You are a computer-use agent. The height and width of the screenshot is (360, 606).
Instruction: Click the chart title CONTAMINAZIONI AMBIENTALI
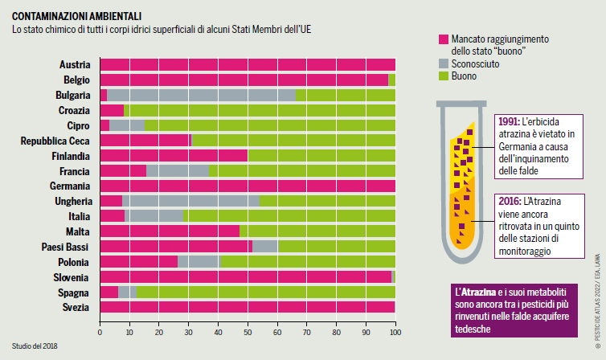pyautogui.click(x=77, y=15)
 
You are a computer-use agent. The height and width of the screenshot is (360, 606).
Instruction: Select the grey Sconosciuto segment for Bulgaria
pyautogui.click(x=201, y=95)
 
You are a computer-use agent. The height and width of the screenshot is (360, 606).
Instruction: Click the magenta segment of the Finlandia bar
pyautogui.click(x=174, y=155)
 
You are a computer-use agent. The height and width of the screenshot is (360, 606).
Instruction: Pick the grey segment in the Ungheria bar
pyautogui.click(x=190, y=200)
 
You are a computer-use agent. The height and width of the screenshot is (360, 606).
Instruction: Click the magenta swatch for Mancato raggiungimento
pyautogui.click(x=443, y=39)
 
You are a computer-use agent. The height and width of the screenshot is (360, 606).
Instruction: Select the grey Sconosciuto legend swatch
pyautogui.click(x=443, y=63)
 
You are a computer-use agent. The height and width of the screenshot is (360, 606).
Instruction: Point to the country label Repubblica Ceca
pyautogui.click(x=55, y=141)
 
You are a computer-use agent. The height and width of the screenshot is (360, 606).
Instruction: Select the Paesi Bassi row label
pyautogui.click(x=67, y=246)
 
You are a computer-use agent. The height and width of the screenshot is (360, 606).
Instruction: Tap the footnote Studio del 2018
pyautogui.click(x=35, y=346)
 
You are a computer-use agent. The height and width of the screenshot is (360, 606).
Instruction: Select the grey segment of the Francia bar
pyautogui.click(x=178, y=170)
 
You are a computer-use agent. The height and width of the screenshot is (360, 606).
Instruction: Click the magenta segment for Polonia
pyautogui.click(x=138, y=261)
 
